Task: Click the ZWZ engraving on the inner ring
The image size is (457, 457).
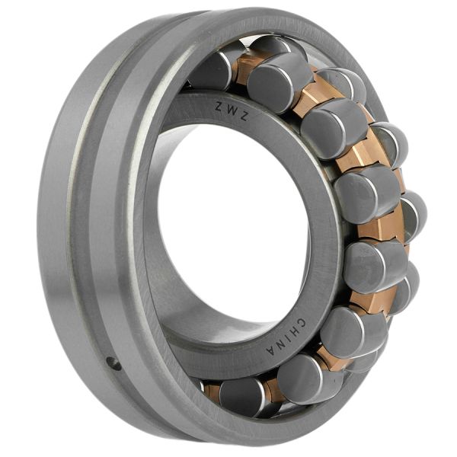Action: (232, 111)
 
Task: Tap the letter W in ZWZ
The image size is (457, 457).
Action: (231, 110)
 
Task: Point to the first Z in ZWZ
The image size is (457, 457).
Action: (219, 106)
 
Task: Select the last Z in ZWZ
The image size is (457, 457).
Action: (244, 117)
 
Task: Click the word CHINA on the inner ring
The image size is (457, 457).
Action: (288, 336)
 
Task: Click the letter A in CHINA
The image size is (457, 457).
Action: (273, 350)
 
